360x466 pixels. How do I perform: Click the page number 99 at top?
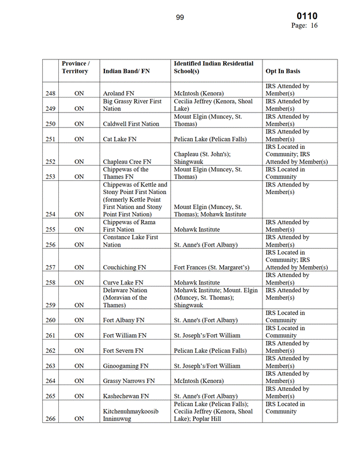coord(180,17)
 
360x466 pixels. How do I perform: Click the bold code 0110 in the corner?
coord(307,16)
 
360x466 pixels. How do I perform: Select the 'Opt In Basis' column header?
coord(283,71)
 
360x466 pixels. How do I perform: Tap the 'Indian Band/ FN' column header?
coord(126,71)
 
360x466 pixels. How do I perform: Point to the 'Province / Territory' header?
coord(75,67)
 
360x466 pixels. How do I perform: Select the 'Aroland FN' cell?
coord(118,93)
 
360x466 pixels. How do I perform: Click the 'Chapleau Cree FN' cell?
coord(127,162)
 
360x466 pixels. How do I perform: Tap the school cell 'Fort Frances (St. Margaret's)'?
coord(212,267)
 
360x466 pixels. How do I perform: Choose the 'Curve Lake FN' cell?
coord(123,282)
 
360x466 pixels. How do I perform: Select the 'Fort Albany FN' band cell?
coord(123,320)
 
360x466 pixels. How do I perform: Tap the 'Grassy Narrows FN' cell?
coord(129,381)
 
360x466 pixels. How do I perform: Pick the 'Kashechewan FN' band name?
coord(127,396)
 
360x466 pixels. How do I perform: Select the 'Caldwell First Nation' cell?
coord(131,124)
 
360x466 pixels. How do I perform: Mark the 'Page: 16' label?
coord(304,26)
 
